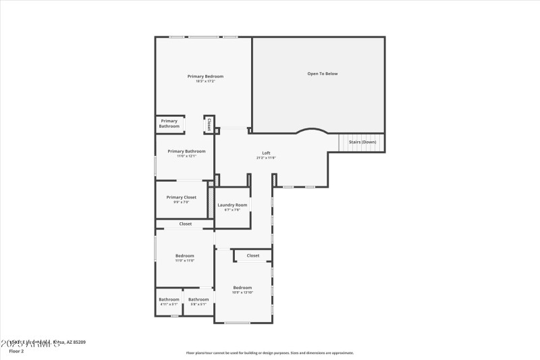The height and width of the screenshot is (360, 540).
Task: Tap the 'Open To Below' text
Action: click(x=322, y=74)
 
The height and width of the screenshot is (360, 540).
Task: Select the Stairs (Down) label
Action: click(x=362, y=142)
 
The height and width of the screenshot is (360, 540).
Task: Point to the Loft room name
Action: click(x=266, y=153)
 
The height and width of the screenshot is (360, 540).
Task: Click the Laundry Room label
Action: click(x=232, y=205)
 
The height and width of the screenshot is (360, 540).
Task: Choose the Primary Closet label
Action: click(x=181, y=197)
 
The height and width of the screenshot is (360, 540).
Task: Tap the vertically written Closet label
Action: click(x=209, y=124)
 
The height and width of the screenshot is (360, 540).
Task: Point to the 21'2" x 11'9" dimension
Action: click(x=266, y=158)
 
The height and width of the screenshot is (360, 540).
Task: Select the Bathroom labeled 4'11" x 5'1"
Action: click(x=169, y=299)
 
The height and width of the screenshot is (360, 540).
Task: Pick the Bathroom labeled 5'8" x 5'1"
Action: click(x=198, y=299)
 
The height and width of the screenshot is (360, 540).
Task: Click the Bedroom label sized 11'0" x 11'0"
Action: click(x=185, y=255)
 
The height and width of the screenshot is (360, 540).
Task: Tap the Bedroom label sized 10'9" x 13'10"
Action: click(x=242, y=287)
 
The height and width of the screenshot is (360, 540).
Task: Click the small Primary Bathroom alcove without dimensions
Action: click(x=169, y=124)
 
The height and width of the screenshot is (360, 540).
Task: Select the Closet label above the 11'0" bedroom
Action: click(x=185, y=224)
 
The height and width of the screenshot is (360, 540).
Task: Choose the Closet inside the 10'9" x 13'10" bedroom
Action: click(x=253, y=255)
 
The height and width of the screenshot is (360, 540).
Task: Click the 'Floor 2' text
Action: click(x=16, y=351)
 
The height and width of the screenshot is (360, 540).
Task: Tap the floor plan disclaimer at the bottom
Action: click(x=270, y=353)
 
